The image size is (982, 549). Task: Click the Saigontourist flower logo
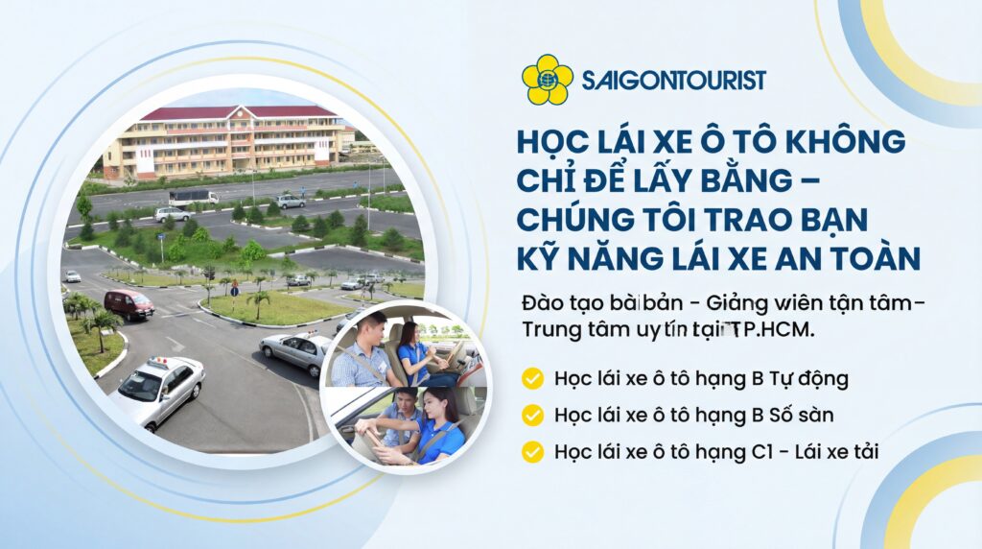pyautogui.click(x=547, y=80)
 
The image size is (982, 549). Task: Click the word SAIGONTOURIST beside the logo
pyautogui.click(x=673, y=80)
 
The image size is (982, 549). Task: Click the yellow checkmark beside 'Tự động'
pyautogui.click(x=532, y=378)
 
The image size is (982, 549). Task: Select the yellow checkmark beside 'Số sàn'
pyautogui.click(x=532, y=416)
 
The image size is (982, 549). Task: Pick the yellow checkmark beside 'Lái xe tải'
pyautogui.click(x=532, y=452)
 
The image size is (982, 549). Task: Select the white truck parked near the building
pyautogui.click(x=194, y=196)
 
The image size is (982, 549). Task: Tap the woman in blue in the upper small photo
pyautogui.click(x=413, y=352)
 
